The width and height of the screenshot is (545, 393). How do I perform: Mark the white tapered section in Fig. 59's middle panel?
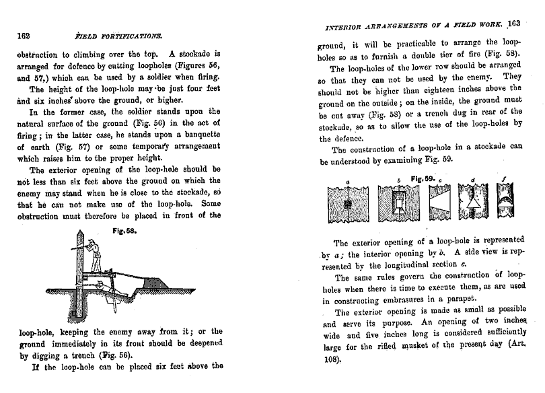(440, 203)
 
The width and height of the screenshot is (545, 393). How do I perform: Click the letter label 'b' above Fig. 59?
(399, 180)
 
